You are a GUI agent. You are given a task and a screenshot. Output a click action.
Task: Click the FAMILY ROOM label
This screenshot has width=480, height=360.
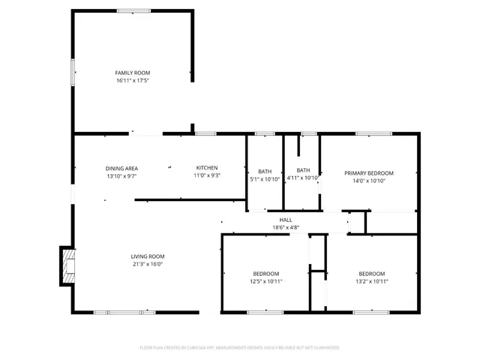click(x=133, y=73)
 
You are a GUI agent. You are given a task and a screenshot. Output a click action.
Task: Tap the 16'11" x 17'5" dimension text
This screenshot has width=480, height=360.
click(x=133, y=80)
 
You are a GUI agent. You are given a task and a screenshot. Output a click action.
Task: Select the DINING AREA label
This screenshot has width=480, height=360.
click(x=121, y=168)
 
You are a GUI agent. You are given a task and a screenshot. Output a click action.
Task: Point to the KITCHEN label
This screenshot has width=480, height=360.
click(x=207, y=168)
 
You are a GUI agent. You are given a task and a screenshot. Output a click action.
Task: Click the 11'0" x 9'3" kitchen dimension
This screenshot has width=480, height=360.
click(x=207, y=175)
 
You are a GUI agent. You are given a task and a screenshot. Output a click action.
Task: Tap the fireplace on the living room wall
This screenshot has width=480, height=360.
click(x=67, y=266)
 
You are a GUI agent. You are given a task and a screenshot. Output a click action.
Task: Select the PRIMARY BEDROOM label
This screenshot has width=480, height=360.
click(x=369, y=173)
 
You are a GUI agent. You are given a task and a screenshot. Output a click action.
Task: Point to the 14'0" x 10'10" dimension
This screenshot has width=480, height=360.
click(x=369, y=181)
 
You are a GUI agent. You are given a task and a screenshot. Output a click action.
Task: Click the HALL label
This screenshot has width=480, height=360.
click(x=286, y=220)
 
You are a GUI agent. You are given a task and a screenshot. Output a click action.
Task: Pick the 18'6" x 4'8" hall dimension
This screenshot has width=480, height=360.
click(x=286, y=227)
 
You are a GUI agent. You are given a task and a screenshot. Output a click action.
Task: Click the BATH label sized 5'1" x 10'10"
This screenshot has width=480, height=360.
click(x=265, y=172)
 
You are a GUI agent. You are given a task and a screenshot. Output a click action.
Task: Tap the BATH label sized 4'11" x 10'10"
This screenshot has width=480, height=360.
click(x=303, y=170)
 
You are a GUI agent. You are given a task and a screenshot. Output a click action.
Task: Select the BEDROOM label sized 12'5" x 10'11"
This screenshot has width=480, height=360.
click(x=265, y=274)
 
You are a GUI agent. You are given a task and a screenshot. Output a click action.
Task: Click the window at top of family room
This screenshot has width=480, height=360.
click(x=133, y=10)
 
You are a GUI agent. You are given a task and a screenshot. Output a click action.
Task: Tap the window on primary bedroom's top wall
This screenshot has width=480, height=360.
click(x=369, y=133)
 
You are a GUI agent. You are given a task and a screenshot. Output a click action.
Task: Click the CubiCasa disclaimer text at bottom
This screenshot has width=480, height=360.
click(x=240, y=348)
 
